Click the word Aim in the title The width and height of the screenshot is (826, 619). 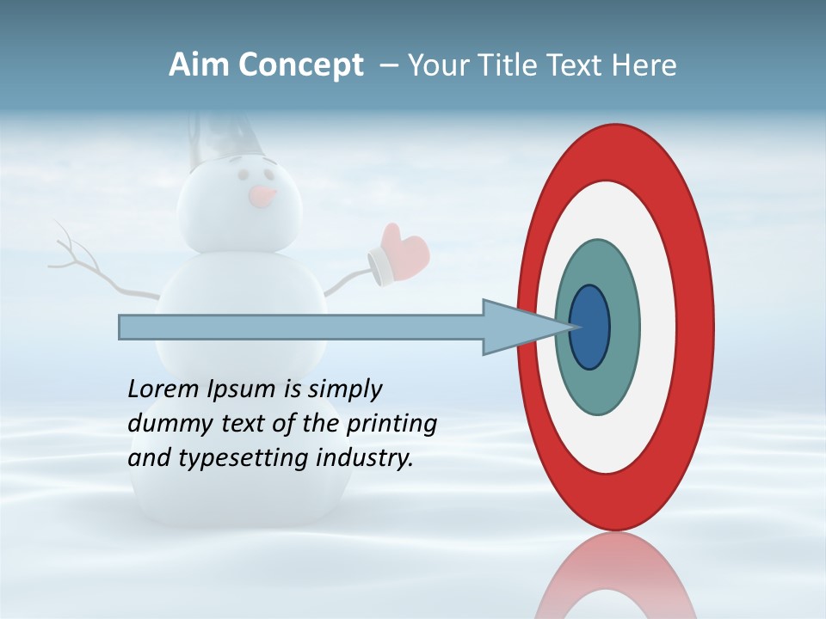coord(199,65)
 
